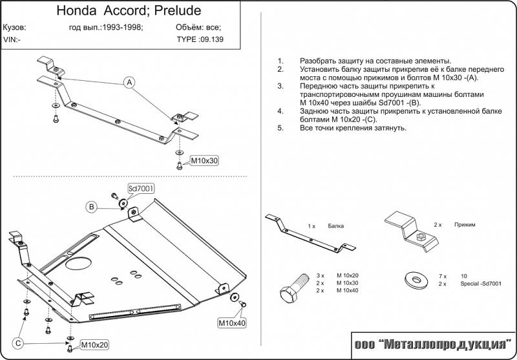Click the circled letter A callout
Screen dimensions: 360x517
click(x=129, y=83)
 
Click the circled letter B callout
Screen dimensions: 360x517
click(x=92, y=207)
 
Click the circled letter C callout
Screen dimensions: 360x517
click(x=19, y=343)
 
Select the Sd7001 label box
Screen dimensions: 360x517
click(x=140, y=188)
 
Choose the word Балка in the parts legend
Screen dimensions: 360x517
click(x=335, y=226)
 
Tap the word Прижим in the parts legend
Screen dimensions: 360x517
click(x=465, y=224)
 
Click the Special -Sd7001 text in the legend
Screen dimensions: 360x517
click(x=481, y=284)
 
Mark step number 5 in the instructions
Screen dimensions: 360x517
click(x=280, y=128)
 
